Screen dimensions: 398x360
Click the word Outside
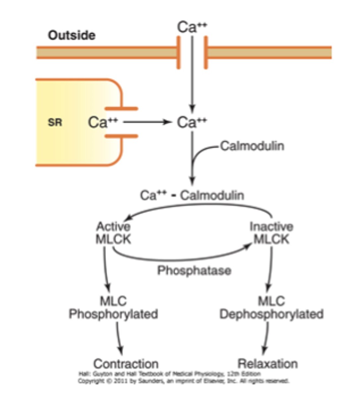click(72, 35)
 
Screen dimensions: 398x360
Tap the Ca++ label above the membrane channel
click(192, 27)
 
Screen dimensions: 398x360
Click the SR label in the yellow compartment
click(55, 122)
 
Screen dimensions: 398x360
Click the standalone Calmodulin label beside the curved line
click(252, 146)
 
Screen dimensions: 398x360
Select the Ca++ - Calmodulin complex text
click(192, 195)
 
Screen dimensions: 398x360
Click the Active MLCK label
click(113, 233)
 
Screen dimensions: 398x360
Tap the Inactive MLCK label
click(271, 233)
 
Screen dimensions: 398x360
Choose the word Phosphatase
click(194, 270)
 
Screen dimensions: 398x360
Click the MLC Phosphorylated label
click(113, 307)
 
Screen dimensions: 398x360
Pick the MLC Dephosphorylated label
click(271, 307)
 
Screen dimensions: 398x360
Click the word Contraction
click(126, 364)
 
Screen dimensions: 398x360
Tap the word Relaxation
click(268, 364)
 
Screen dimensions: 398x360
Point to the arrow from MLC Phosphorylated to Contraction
click(119, 338)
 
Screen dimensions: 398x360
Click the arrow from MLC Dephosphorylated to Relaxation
click(266, 338)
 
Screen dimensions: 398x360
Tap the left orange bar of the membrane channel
click(179, 52)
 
